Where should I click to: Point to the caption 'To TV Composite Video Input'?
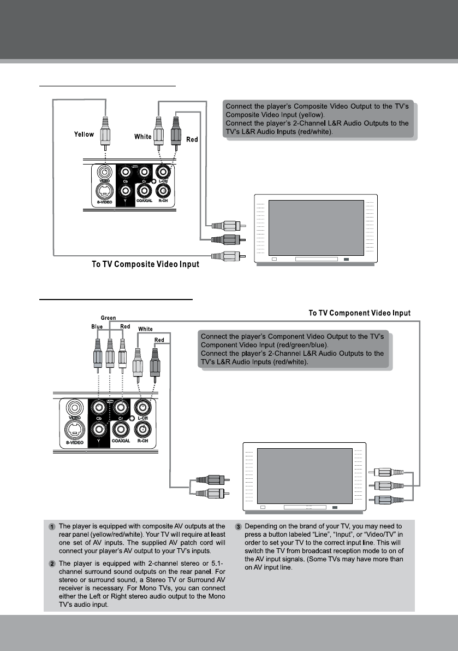tap(145, 265)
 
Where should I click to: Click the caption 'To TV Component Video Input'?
tap(359, 313)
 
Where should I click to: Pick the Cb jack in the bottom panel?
tap(99, 407)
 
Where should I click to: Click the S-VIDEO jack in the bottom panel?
tap(74, 429)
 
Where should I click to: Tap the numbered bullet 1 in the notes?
tap(51, 527)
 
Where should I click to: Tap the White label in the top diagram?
tap(143, 137)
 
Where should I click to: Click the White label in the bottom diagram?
tap(145, 329)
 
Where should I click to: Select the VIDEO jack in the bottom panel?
tap(74, 408)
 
